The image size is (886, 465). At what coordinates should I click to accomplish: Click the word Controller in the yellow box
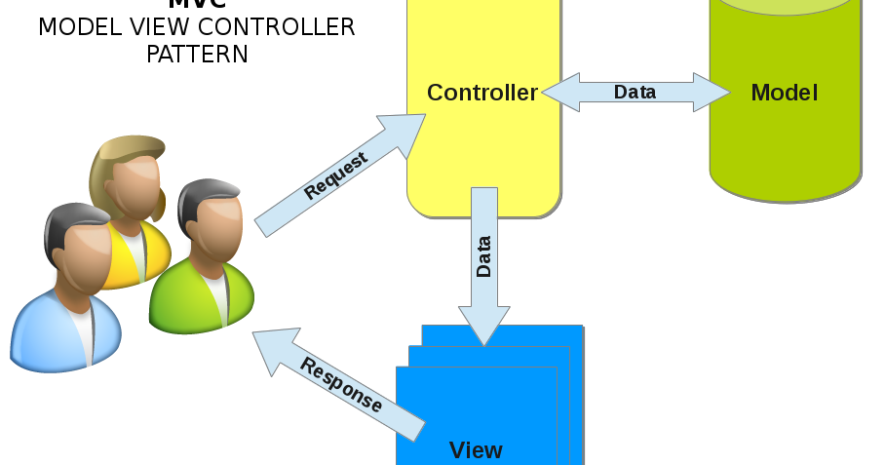tap(482, 93)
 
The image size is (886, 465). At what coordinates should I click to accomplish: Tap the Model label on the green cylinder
tap(784, 93)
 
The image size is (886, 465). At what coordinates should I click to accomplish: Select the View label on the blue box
tap(476, 449)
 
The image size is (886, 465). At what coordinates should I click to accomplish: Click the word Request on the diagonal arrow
tap(335, 176)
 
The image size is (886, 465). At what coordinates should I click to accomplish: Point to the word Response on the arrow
tap(341, 384)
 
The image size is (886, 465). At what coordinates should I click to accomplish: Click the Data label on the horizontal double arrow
tap(635, 93)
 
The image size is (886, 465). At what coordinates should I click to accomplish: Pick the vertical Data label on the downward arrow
tap(483, 256)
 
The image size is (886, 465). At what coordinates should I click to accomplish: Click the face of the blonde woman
tap(135, 180)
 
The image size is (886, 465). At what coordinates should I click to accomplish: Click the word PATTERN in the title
tap(197, 54)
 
